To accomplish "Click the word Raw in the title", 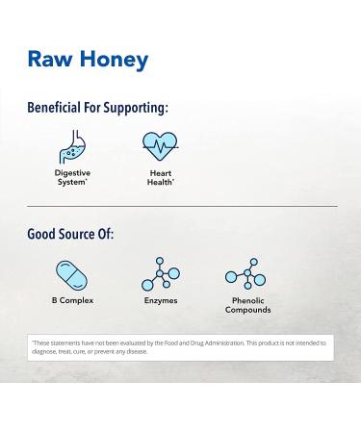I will (47, 60).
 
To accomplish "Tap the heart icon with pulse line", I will (161, 147).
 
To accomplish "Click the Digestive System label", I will (72, 177).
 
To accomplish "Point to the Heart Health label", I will (161, 177).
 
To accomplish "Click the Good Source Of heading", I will (70, 234).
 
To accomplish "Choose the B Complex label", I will (71, 301).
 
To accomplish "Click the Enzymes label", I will (160, 301).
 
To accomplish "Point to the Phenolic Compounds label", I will (247, 306).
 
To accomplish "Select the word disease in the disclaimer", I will (135, 351).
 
